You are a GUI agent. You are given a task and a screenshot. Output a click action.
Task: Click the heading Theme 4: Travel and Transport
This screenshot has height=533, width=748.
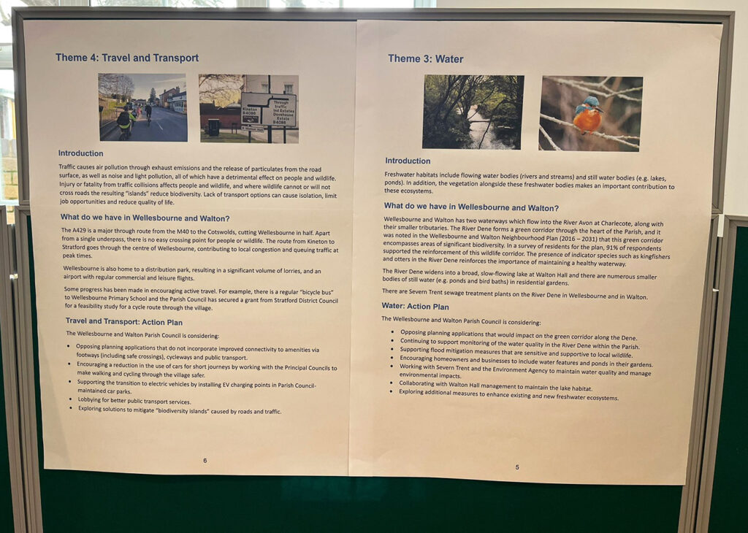pyautogui.click(x=127, y=58)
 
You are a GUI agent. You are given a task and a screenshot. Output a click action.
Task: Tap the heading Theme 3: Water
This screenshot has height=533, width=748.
pyautogui.click(x=426, y=58)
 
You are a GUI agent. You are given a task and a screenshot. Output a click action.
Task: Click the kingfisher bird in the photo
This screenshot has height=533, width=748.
pyautogui.click(x=588, y=115)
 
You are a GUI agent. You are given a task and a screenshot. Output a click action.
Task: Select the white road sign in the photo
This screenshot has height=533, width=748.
pyautogui.click(x=269, y=110)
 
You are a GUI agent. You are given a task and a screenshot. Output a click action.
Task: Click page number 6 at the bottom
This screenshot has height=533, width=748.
pyautogui.click(x=205, y=461)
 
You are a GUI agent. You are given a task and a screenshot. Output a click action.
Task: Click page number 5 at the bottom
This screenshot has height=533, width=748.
pyautogui.click(x=517, y=467)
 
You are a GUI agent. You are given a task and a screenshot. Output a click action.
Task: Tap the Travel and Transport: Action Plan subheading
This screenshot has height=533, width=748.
pyautogui.click(x=124, y=321)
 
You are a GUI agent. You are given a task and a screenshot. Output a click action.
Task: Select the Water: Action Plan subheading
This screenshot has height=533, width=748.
pyautogui.click(x=415, y=306)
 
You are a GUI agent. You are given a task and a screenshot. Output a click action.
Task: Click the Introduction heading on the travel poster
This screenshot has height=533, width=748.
pyautogui.click(x=80, y=153)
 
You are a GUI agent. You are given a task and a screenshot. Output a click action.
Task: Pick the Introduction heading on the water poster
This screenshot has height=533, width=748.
pyautogui.click(x=408, y=161)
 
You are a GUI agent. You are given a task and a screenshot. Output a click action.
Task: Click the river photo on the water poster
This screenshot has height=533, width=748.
pyautogui.click(x=473, y=112)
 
